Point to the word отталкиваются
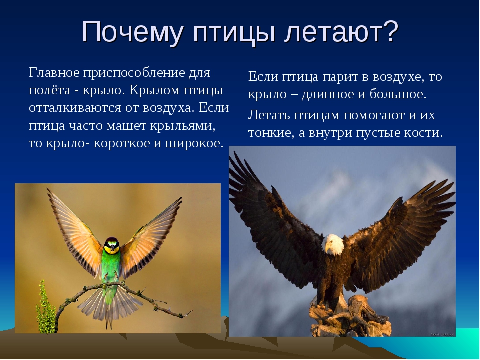[x=75, y=108]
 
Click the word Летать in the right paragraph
[x=269, y=115]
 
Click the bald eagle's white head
[x=333, y=244]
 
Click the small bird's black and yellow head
[x=111, y=245]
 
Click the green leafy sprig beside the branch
[x=46, y=307]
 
